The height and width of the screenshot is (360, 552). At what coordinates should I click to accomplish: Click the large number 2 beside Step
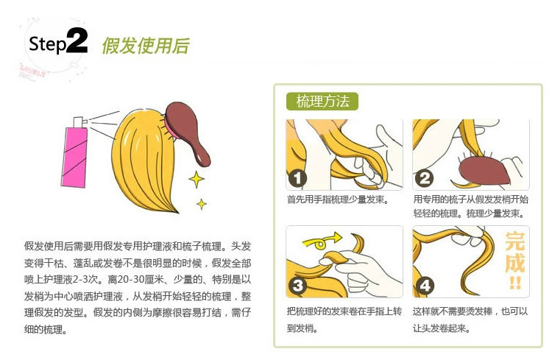click(77, 40)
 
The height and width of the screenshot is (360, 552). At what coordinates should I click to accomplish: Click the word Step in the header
click(48, 44)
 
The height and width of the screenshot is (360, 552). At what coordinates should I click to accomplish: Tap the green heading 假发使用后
click(146, 46)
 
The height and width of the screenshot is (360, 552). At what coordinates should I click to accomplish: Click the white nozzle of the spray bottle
click(79, 122)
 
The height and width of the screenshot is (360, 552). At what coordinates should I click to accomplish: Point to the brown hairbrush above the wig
click(187, 131)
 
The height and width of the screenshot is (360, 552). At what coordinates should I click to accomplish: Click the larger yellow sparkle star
click(197, 180)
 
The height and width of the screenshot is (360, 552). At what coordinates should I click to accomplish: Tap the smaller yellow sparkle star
click(202, 204)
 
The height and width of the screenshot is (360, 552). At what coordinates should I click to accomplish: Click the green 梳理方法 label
click(322, 102)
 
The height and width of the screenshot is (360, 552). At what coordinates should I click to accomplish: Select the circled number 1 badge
click(297, 178)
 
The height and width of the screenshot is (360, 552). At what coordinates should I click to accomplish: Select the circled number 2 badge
click(424, 178)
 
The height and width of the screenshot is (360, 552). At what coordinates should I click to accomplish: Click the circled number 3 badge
click(298, 285)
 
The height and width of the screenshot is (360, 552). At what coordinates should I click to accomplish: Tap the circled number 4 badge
click(425, 285)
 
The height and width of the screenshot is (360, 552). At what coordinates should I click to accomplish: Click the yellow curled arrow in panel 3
click(322, 241)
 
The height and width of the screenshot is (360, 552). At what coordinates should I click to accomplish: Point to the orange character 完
click(514, 241)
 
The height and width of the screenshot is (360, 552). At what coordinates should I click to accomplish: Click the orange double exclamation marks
click(515, 283)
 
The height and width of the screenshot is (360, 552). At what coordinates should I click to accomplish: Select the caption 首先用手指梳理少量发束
click(338, 200)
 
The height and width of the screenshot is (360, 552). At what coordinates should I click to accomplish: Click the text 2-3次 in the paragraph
click(85, 280)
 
